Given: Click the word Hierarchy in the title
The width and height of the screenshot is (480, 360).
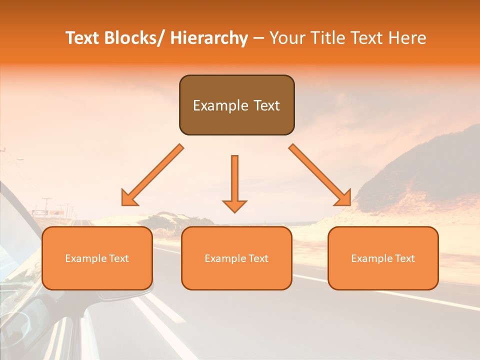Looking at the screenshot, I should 209,38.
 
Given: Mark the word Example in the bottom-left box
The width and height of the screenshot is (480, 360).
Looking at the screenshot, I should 86,258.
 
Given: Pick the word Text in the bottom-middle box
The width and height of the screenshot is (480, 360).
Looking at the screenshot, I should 257,258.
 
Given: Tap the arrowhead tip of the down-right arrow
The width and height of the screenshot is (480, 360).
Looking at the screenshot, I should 350,205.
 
